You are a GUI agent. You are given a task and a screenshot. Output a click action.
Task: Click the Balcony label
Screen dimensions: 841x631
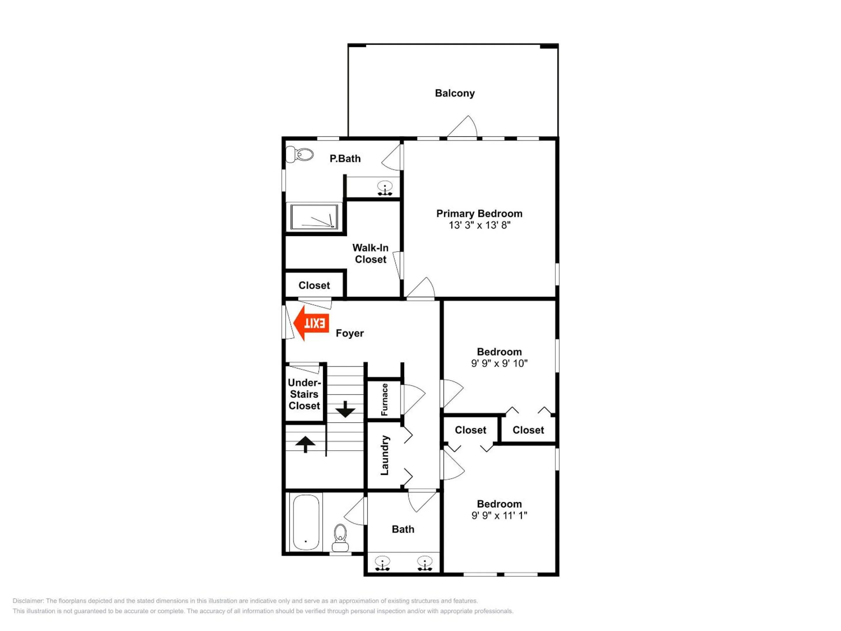[x=455, y=93]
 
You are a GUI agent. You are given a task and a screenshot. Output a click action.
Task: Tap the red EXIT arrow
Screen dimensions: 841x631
[x=311, y=323]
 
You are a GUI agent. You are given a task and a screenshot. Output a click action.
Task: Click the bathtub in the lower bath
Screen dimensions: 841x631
[x=306, y=522]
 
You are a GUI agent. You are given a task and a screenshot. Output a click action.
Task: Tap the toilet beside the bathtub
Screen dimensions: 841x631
[x=340, y=538]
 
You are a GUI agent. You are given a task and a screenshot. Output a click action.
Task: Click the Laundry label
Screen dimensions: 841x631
[x=385, y=455]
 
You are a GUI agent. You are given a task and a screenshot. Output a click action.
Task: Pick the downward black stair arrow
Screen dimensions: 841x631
[x=345, y=409]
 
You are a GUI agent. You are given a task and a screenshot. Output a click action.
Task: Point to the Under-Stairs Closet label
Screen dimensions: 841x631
[x=304, y=394]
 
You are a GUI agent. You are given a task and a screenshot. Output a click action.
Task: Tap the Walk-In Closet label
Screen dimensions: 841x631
[x=371, y=254]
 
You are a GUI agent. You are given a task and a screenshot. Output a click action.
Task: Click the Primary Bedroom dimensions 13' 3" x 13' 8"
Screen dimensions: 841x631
[x=479, y=225]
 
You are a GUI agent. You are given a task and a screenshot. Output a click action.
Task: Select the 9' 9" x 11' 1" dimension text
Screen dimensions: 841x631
[x=499, y=515]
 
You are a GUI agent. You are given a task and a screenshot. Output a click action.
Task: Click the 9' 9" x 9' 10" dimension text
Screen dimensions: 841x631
[x=499, y=363]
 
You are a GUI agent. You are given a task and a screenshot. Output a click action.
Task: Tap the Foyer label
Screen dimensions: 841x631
[x=350, y=333]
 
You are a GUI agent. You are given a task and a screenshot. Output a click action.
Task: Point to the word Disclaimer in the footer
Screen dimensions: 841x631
[x=28, y=601]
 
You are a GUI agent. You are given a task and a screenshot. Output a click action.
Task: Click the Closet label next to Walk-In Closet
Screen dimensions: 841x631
[x=314, y=285]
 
